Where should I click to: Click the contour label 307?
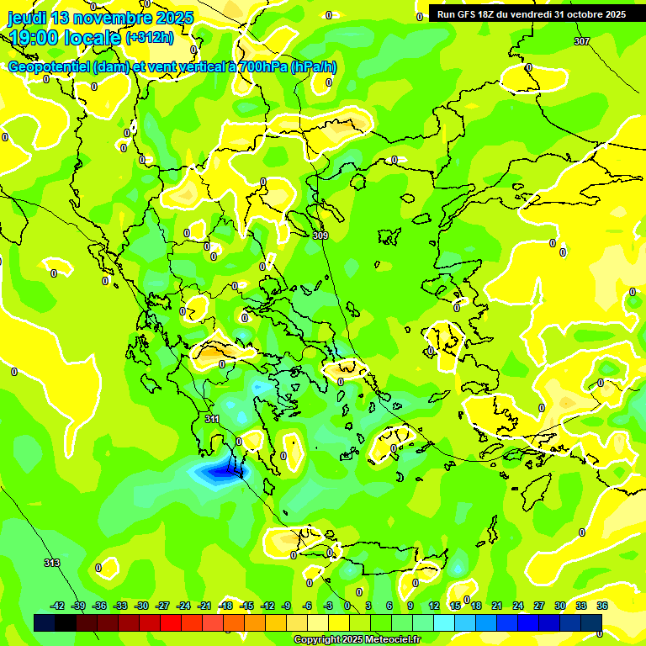coord(582,41)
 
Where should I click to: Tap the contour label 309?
coord(320,236)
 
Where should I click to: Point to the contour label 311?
coord(212,418)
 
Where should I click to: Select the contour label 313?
coord(52,563)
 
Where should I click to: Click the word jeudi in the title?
coord(27,18)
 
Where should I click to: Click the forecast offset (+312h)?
coord(150,38)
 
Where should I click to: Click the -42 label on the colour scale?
coord(58,606)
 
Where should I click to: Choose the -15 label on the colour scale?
coord(247,606)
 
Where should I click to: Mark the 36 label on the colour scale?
coord(602,606)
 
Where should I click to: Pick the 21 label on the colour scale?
coord(497,606)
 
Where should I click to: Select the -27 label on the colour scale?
coord(163,606)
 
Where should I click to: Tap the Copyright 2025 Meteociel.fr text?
coord(357,639)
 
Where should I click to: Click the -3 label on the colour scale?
coord(329,606)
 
